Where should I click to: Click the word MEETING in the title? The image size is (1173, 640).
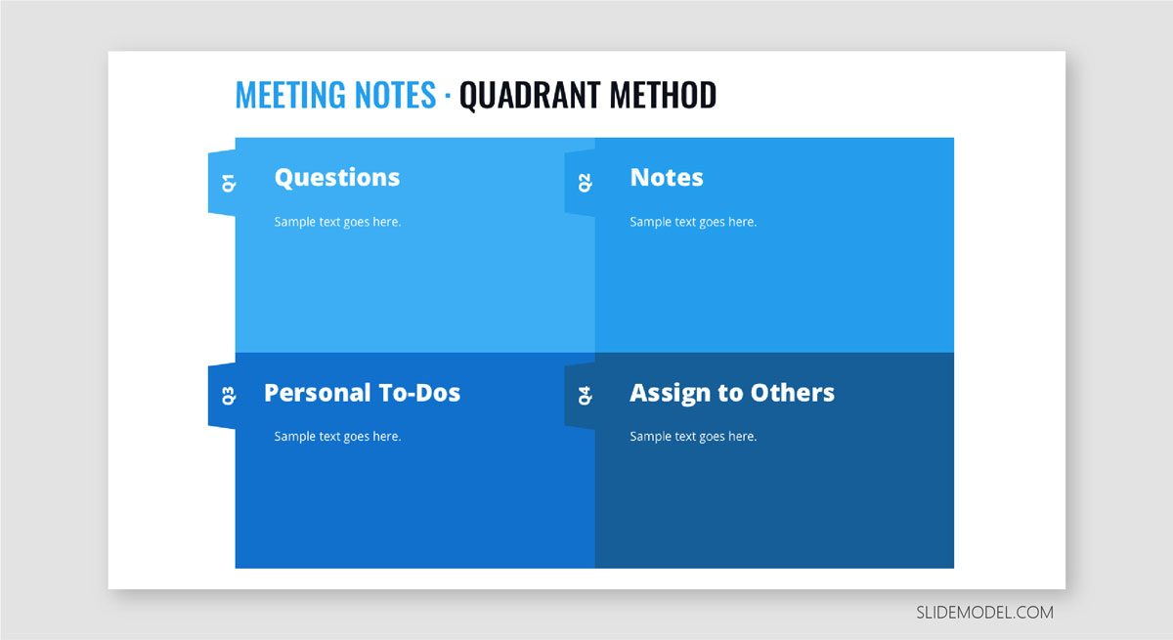(290, 95)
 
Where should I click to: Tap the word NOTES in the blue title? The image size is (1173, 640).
(395, 95)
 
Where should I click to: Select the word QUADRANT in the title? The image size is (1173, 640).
(530, 96)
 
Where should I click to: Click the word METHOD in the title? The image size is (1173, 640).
(663, 95)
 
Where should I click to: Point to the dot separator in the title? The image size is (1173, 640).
(448, 96)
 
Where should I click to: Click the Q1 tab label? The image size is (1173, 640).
(229, 183)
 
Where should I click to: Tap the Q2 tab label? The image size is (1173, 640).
(585, 183)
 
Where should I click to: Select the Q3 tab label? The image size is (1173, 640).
(229, 396)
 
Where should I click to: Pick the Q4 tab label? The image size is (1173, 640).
(585, 396)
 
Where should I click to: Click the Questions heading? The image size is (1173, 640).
(337, 178)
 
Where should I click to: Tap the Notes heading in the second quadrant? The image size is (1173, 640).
(667, 178)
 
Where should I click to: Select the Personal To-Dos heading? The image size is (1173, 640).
(362, 393)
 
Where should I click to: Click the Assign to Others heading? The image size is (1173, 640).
(732, 394)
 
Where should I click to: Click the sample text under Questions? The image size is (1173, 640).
(338, 222)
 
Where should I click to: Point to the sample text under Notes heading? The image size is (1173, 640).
(693, 222)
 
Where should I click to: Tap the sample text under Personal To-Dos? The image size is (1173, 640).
(338, 437)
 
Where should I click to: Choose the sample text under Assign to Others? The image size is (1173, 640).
(693, 437)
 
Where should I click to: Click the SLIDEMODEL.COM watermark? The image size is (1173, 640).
(984, 613)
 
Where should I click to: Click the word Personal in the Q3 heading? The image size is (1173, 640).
(318, 393)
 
